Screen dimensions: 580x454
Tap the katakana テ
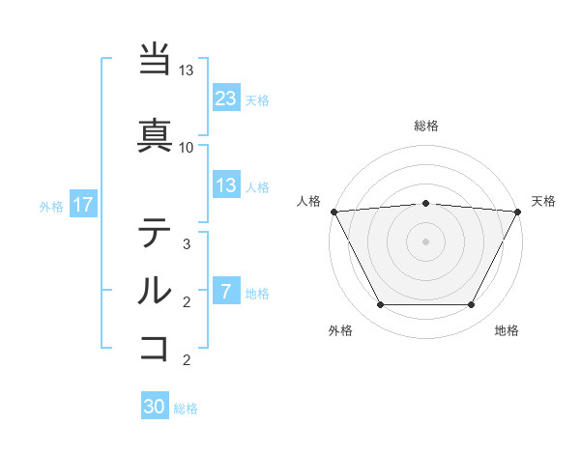pyautogui.click(x=155, y=233)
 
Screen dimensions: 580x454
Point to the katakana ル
pyautogui.click(x=155, y=289)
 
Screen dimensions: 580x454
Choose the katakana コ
pyautogui.click(x=155, y=346)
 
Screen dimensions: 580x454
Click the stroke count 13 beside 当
pyautogui.click(x=187, y=71)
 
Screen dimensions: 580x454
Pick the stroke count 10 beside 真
pyautogui.click(x=187, y=147)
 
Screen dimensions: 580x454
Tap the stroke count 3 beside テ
pyautogui.click(x=187, y=244)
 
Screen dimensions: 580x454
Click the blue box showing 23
pyautogui.click(x=226, y=98)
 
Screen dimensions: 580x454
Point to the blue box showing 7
pyautogui.click(x=226, y=292)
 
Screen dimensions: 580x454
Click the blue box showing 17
pyautogui.click(x=82, y=205)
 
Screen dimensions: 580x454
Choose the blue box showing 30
pyautogui.click(x=155, y=407)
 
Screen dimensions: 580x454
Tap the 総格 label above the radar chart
pyautogui.click(x=426, y=126)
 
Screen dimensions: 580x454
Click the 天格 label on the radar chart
pyautogui.click(x=544, y=201)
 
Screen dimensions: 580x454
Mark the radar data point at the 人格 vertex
pyautogui.click(x=333, y=212)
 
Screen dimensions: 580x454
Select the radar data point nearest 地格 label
pyautogui.click(x=472, y=305)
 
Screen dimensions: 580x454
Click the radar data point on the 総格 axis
pyautogui.click(x=426, y=203)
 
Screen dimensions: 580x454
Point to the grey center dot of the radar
pyautogui.click(x=426, y=241)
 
